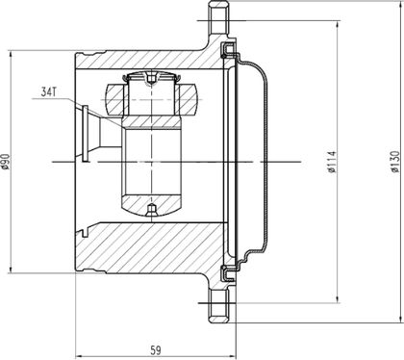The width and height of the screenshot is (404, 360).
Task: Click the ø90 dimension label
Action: click(x=6, y=162)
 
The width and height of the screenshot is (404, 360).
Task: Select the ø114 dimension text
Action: click(x=332, y=162)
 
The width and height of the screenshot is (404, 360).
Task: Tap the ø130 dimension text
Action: click(x=395, y=162)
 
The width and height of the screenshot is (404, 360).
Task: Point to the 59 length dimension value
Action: click(x=156, y=350)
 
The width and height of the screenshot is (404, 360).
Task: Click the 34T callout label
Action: click(x=49, y=92)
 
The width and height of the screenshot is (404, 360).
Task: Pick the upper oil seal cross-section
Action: click(x=228, y=50)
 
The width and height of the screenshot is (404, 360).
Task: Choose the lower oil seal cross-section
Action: click(x=228, y=273)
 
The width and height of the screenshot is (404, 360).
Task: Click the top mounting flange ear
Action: click(x=219, y=19)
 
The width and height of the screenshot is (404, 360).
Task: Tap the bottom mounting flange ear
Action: click(x=219, y=305)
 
